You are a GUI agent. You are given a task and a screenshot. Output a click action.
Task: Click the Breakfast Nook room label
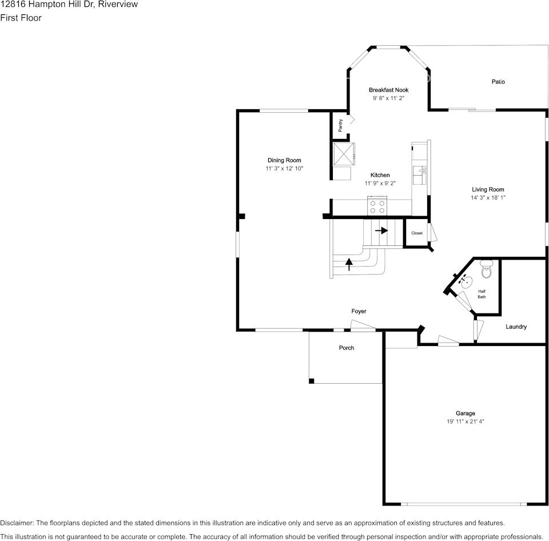point(388,90)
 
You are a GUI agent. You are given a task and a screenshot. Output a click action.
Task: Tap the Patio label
point(498,82)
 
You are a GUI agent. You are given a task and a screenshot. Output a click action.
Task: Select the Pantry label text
point(341,125)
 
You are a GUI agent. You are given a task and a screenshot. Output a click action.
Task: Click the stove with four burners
point(377,206)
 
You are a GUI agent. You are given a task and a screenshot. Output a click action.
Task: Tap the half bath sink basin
point(466,281)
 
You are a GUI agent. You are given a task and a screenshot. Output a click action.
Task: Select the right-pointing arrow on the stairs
point(381,230)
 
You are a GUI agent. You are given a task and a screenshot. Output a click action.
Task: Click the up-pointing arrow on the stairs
point(349,264)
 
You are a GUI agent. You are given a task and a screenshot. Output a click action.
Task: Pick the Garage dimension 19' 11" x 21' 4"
point(465,421)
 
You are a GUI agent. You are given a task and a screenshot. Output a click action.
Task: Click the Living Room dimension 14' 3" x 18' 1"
point(488,198)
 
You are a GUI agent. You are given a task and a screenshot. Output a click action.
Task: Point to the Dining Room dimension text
point(284,169)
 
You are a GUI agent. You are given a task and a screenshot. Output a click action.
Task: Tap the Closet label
point(417,233)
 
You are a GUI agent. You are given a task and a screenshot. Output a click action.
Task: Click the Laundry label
point(516,327)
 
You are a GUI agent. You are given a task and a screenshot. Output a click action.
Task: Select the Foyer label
point(359,311)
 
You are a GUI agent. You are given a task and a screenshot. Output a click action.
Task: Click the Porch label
point(347,348)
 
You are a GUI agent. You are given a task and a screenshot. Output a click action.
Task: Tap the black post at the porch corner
point(311,381)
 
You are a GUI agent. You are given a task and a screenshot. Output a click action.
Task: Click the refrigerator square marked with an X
point(344,153)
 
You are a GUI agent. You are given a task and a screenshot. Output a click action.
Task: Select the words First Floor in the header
point(21,18)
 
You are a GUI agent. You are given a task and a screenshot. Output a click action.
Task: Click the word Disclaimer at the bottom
point(17,523)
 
